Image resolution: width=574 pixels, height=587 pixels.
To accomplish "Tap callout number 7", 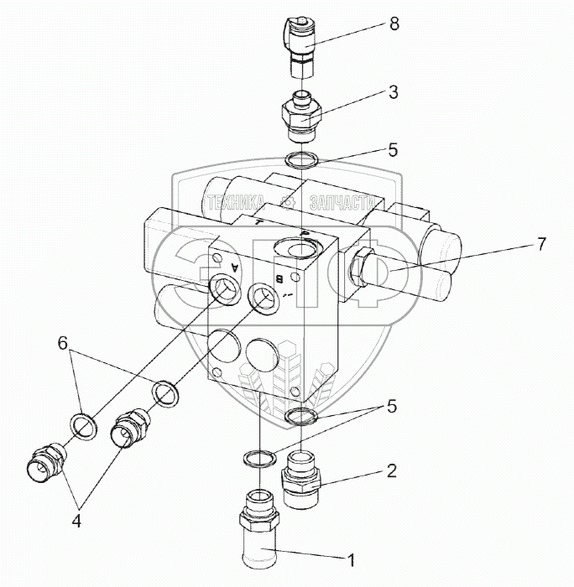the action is (x=541, y=245).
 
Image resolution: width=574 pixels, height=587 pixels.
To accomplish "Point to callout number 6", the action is (x=63, y=342).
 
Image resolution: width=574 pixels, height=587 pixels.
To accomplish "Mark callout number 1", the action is (x=353, y=556).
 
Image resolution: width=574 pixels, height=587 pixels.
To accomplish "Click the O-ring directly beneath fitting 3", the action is (x=300, y=159).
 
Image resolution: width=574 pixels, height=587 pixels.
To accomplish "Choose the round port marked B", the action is (x=262, y=297).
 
